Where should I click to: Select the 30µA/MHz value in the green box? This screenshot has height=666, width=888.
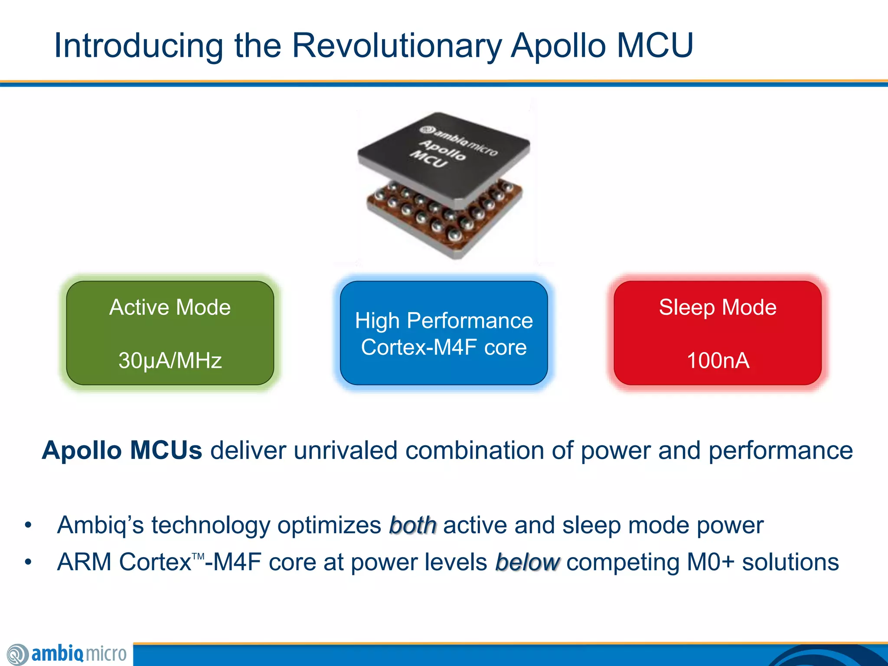pyautogui.click(x=170, y=360)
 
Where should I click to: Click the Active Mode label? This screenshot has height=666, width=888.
pyautogui.click(x=170, y=307)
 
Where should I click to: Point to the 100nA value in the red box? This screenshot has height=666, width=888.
pyautogui.click(x=718, y=360)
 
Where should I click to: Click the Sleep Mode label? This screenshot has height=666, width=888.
pyautogui.click(x=718, y=307)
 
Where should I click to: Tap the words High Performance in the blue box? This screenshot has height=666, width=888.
pyautogui.click(x=444, y=321)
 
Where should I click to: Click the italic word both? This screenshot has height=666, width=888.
pyautogui.click(x=412, y=526)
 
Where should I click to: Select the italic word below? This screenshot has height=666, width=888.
pyautogui.click(x=527, y=562)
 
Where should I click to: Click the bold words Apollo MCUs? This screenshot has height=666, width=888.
pyautogui.click(x=122, y=450)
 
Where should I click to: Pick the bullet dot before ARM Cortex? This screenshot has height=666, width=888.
pyautogui.click(x=28, y=562)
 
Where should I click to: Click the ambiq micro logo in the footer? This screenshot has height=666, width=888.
pyautogui.click(x=67, y=654)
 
